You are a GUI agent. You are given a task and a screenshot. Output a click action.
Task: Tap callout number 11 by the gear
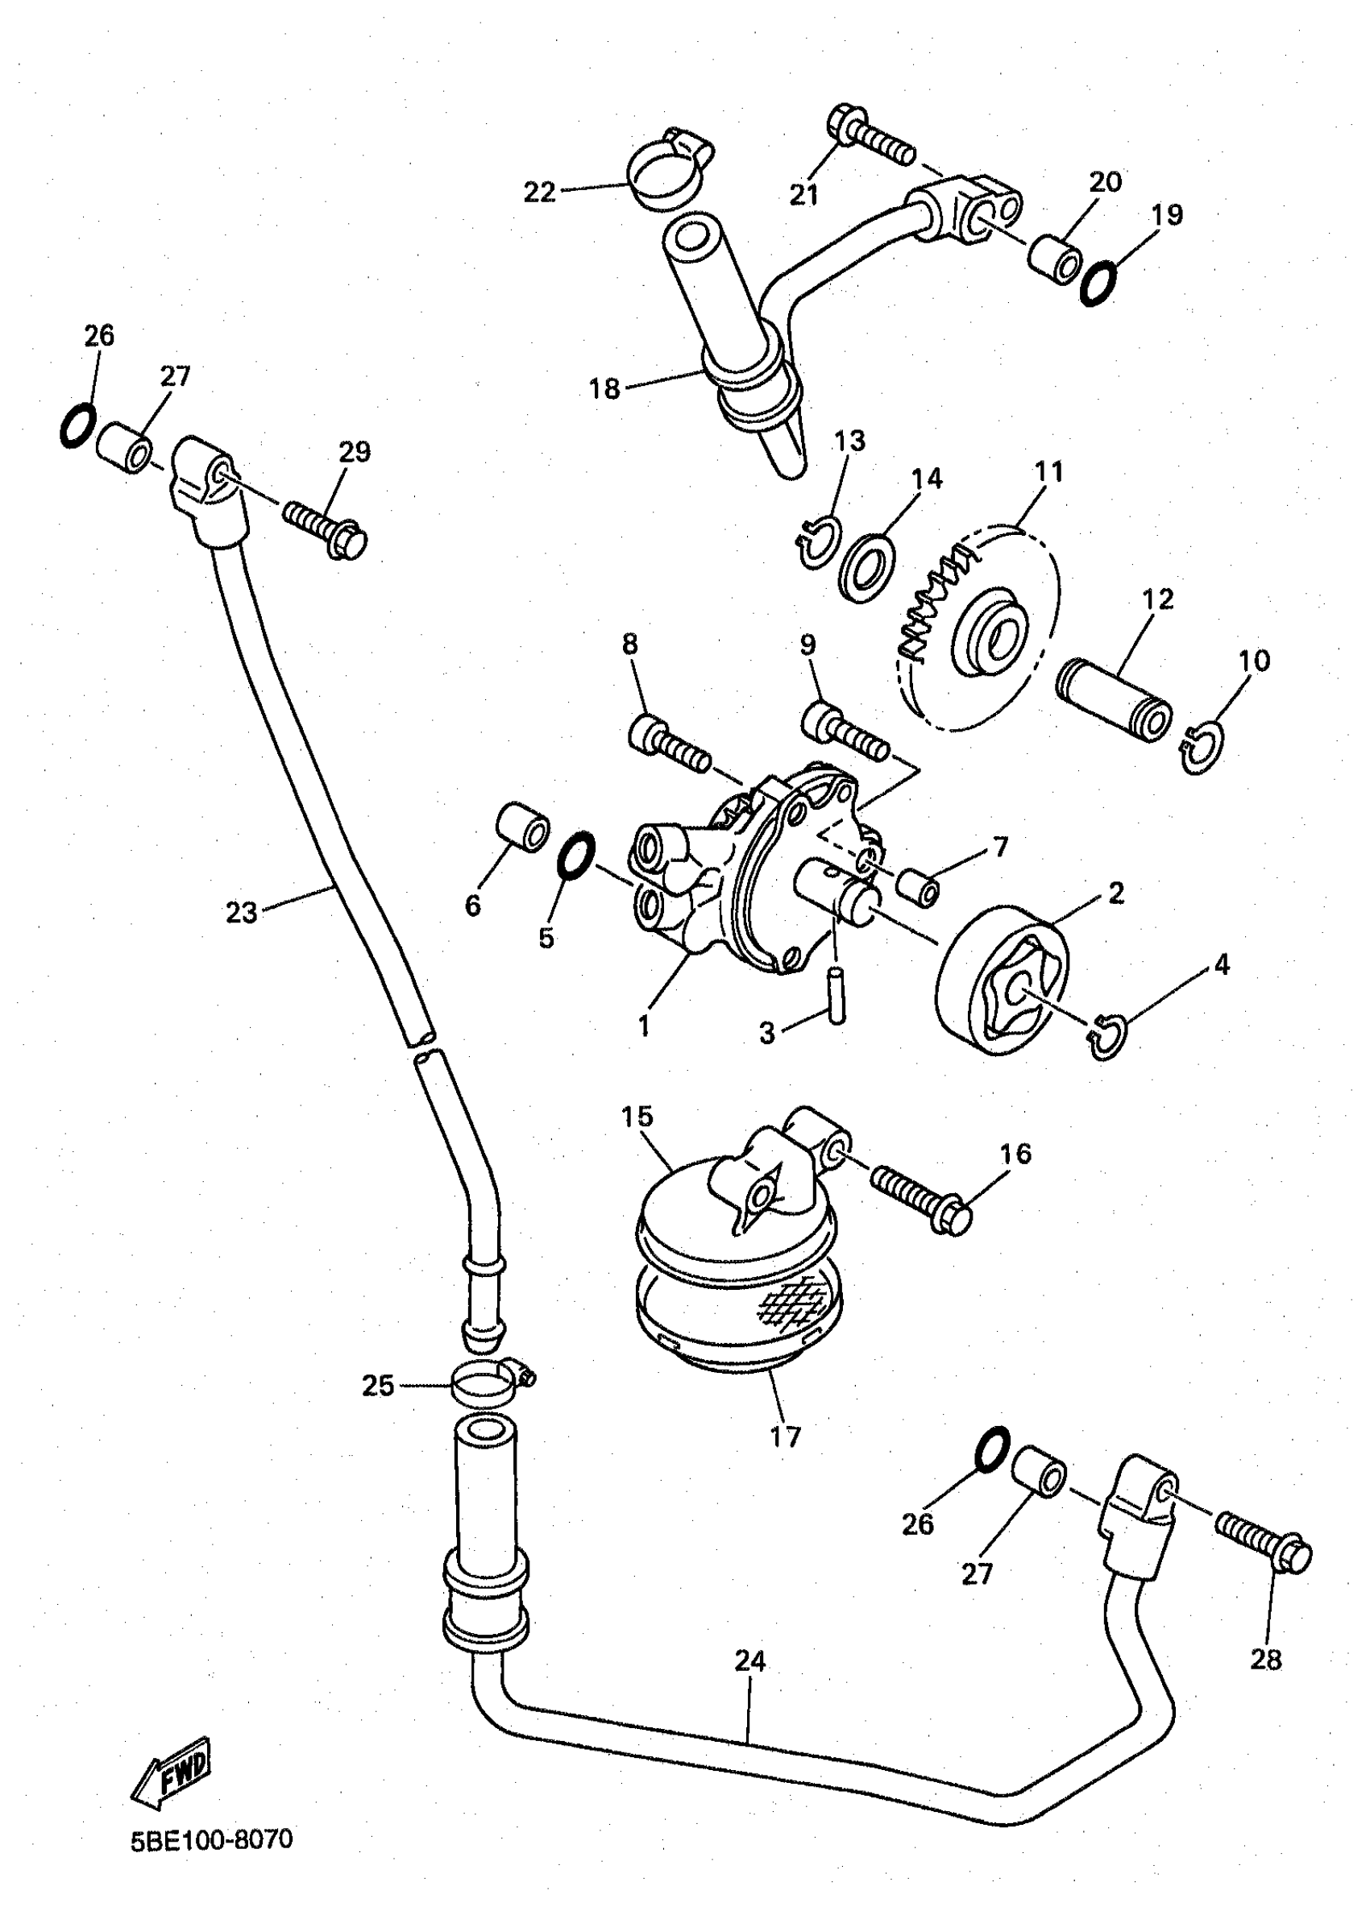pyautogui.click(x=1048, y=471)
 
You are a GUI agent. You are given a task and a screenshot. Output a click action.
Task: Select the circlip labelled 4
pyautogui.click(x=1107, y=1037)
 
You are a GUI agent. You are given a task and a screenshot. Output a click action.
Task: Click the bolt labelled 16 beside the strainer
pyautogui.click(x=920, y=1196)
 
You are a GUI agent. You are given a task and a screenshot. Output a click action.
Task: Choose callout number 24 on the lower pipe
pyautogui.click(x=749, y=1660)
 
